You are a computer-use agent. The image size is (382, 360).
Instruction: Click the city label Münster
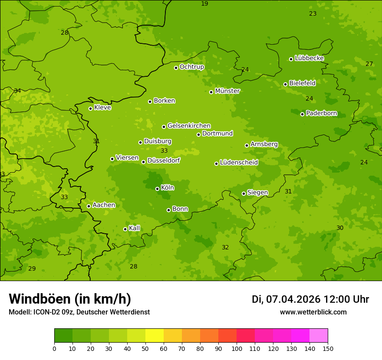pyautogui.click(x=227, y=91)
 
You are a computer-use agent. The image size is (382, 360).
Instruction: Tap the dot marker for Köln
pyautogui.click(x=158, y=189)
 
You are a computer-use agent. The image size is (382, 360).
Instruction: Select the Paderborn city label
pyautogui.click(x=322, y=114)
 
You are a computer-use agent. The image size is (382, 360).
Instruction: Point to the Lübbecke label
pyautogui.click(x=310, y=58)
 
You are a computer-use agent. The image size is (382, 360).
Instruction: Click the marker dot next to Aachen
pyautogui.click(x=89, y=206)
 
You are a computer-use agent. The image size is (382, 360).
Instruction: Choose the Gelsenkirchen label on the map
pyautogui.click(x=189, y=126)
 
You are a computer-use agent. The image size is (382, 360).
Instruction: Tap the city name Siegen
pyautogui.click(x=257, y=193)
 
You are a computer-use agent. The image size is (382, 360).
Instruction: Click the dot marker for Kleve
pyautogui.click(x=91, y=108)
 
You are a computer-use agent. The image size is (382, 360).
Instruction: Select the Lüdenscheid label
pyautogui.click(x=239, y=163)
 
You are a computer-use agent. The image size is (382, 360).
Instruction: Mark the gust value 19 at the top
pyautogui.click(x=204, y=4)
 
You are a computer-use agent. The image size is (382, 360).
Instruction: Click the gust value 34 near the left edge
pyautogui.click(x=17, y=91)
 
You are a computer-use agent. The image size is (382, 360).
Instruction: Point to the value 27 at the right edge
pyautogui.click(x=369, y=64)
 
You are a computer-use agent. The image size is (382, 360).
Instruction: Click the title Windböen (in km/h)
pyautogui.click(x=70, y=299)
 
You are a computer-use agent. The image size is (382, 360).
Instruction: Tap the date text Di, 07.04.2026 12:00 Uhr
pyautogui.click(x=310, y=299)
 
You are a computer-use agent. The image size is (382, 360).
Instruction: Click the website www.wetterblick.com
pyautogui.click(x=313, y=312)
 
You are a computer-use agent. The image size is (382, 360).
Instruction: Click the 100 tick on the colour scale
pyautogui.click(x=237, y=348)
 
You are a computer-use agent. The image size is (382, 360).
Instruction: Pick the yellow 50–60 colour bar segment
pyautogui.click(x=155, y=336)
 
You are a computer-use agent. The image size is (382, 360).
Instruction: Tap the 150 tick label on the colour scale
pyautogui.click(x=328, y=348)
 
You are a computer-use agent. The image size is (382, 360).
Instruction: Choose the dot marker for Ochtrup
pyautogui.click(x=176, y=68)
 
